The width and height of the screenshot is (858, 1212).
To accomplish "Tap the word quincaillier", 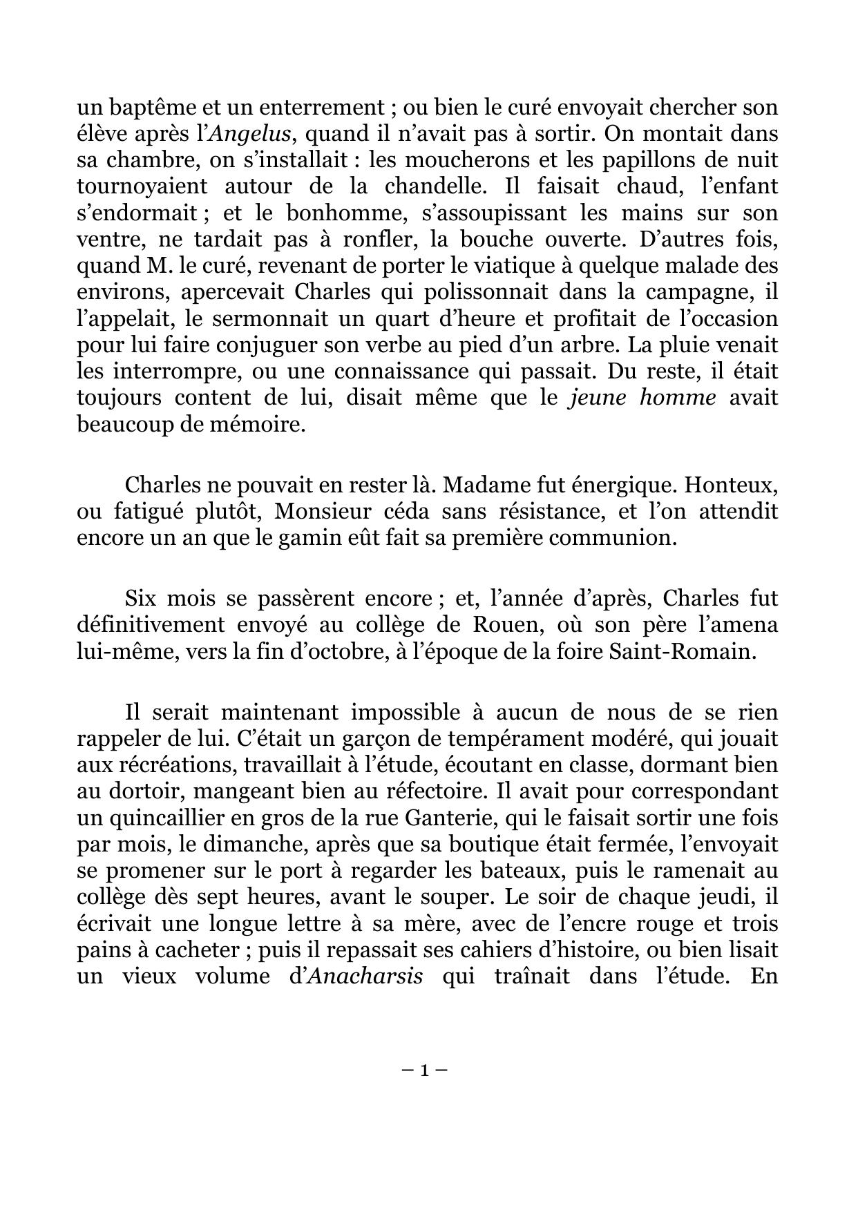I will [x=154, y=819].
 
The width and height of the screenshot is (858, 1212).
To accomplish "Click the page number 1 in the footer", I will [x=424, y=1071].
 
